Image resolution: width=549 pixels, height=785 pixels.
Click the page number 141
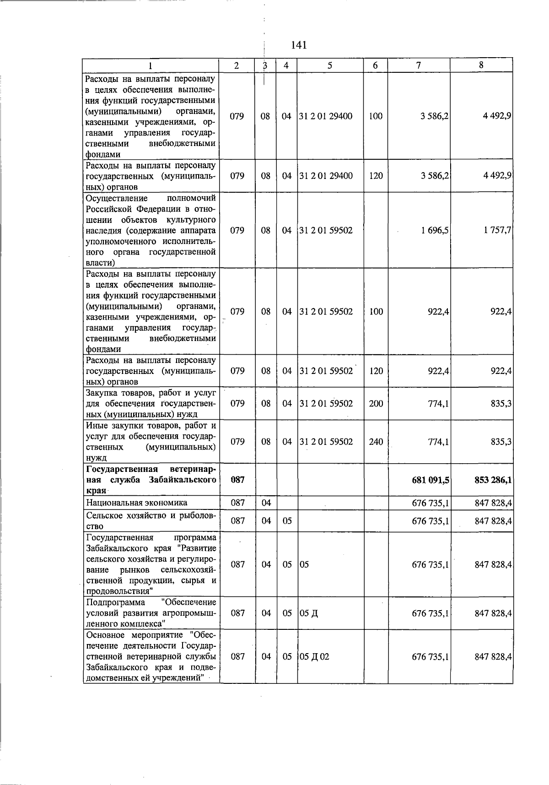click(x=298, y=45)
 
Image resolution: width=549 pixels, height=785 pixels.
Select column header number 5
click(x=330, y=65)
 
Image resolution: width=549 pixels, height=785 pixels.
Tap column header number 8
click(x=481, y=65)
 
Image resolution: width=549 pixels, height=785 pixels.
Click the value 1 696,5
click(x=434, y=230)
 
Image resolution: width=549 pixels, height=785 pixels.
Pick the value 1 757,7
click(x=497, y=230)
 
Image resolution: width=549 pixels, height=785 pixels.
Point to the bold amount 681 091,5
click(x=431, y=480)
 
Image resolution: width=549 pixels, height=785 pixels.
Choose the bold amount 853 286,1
click(x=493, y=480)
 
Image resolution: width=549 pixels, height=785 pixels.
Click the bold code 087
click(x=237, y=480)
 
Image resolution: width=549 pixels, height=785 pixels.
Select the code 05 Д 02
click(x=314, y=656)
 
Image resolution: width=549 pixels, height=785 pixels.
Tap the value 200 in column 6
click(x=376, y=404)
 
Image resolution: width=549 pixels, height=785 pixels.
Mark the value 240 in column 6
click(x=376, y=442)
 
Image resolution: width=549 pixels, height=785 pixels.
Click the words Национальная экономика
click(x=136, y=503)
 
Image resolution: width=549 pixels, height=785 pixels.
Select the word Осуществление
click(x=117, y=198)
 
